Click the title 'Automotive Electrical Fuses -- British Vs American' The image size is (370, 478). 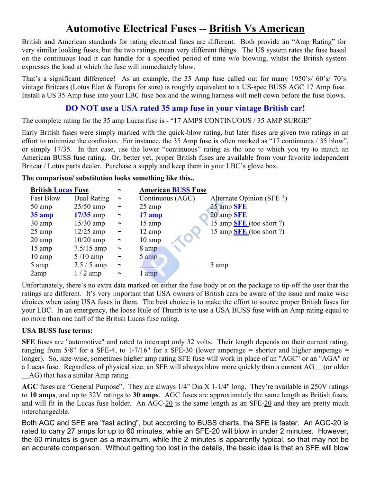click(185, 29)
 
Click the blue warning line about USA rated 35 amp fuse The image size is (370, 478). click(185, 108)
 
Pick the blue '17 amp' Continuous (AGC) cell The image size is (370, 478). click(151, 215)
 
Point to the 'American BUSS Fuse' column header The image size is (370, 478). click(172, 190)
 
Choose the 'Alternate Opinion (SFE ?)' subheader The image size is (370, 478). click(248, 199)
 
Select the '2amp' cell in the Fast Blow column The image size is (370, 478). click(39, 273)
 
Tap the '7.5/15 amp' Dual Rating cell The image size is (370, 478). click(90, 248)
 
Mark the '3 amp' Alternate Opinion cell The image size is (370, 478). click(219, 265)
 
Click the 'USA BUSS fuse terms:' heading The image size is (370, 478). click(57, 330)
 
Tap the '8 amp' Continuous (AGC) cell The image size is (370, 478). click(148, 248)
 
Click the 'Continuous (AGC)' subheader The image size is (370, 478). click(167, 199)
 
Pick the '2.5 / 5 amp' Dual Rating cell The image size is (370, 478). click(90, 265)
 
